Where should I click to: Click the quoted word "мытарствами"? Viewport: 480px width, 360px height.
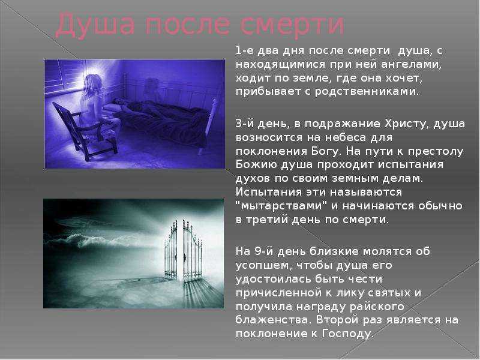(282, 206)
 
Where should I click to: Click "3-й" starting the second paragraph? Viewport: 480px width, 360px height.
(245, 124)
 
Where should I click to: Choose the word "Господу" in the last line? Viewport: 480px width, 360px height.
(348, 334)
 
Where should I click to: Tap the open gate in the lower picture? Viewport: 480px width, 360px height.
(184, 251)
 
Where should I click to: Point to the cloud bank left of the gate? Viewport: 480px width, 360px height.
(101, 239)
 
